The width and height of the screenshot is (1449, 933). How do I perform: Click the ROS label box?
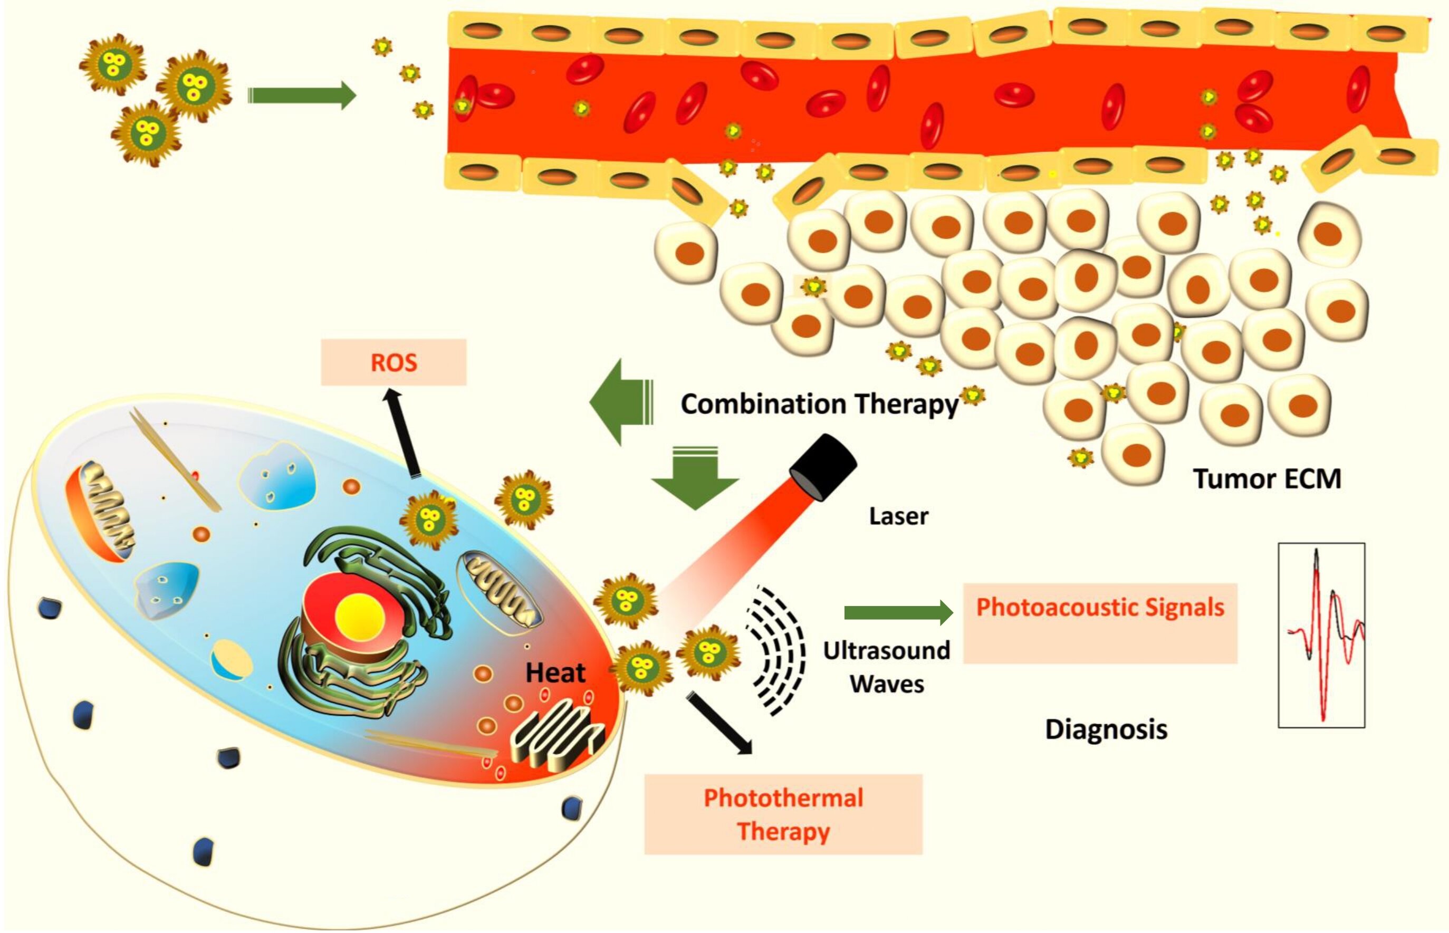393,362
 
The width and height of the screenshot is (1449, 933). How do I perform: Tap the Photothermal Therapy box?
783,814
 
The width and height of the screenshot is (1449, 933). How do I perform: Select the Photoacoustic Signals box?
1099,623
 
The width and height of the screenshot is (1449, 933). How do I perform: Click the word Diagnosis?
1106,729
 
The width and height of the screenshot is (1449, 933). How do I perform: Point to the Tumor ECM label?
1266,478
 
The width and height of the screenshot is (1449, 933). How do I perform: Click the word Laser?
898,516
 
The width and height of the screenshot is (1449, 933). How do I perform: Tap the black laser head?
824,466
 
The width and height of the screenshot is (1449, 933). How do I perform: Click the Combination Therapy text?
819,404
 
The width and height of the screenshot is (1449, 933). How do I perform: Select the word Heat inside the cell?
555,672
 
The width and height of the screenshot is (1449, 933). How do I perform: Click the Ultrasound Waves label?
886,667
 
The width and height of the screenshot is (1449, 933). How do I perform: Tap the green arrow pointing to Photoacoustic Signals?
897,613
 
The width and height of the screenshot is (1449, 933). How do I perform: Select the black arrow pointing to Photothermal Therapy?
719,724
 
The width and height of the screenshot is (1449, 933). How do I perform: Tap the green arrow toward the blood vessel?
301,95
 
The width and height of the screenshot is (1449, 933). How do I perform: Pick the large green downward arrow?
695,478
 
